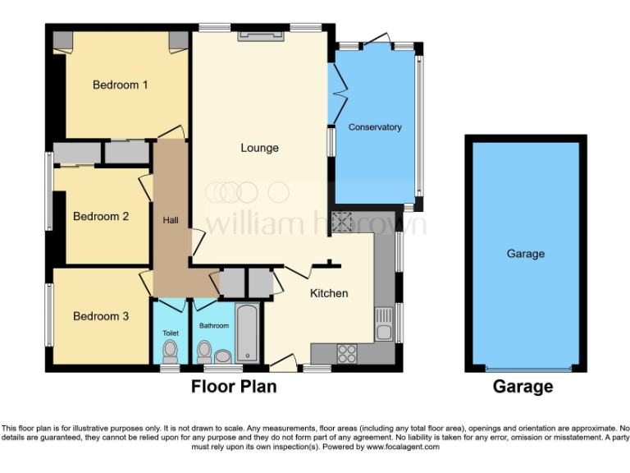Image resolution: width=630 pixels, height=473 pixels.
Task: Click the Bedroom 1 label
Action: (x=120, y=85)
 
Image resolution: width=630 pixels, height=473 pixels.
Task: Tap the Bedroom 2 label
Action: (x=101, y=217)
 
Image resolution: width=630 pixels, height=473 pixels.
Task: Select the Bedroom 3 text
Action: (x=101, y=316)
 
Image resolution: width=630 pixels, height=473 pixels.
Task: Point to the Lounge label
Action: (x=259, y=148)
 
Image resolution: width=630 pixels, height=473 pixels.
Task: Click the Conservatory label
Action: (x=375, y=127)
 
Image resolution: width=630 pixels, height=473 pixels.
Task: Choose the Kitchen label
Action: (x=328, y=293)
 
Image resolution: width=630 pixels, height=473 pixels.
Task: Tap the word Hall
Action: (x=171, y=219)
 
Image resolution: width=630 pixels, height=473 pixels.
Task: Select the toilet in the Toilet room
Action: (x=171, y=351)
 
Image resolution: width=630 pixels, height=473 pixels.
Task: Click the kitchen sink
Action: (x=383, y=325)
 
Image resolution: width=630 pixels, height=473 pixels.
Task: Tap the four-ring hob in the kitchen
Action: (x=347, y=353)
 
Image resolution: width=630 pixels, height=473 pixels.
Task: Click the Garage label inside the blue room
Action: (x=525, y=254)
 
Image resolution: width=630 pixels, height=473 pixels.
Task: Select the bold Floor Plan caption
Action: (x=234, y=386)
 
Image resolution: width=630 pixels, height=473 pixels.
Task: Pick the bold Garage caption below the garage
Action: (x=523, y=386)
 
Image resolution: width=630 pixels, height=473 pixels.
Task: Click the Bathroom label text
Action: (x=214, y=326)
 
